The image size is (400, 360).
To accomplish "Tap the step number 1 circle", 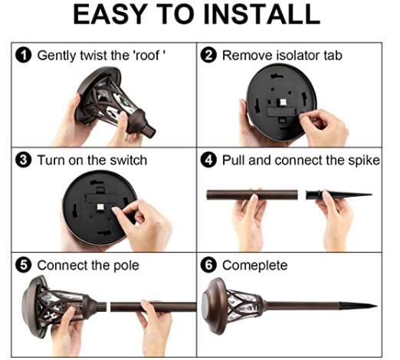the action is tap(23, 56).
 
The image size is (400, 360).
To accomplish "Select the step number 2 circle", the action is tap(208, 56).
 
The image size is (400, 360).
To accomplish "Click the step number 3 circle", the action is tap(23, 161).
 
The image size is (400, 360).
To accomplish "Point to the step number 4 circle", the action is tap(208, 161).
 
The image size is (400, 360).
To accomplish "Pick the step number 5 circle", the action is tap(23, 266).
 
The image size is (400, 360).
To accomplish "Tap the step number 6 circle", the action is tap(208, 266).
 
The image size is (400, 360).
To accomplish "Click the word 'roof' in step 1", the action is tap(149, 55).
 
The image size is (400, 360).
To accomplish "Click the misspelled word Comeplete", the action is tap(254, 266).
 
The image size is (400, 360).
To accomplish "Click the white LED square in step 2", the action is tap(283, 102).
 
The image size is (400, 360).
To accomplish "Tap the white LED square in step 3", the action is tap(100, 207).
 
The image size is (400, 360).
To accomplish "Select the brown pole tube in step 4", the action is tap(252, 195).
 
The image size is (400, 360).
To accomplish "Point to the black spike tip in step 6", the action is tap(377, 306).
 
